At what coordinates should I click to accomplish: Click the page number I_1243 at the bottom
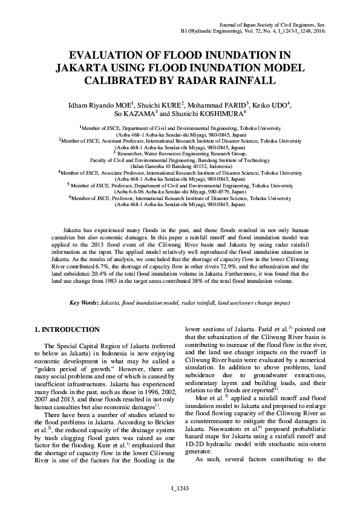pyautogui.click(x=180, y=488)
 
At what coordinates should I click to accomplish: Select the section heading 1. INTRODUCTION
pyautogui.click(x=67, y=329)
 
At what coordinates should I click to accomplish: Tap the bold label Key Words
pyautogui.click(x=84, y=302)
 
